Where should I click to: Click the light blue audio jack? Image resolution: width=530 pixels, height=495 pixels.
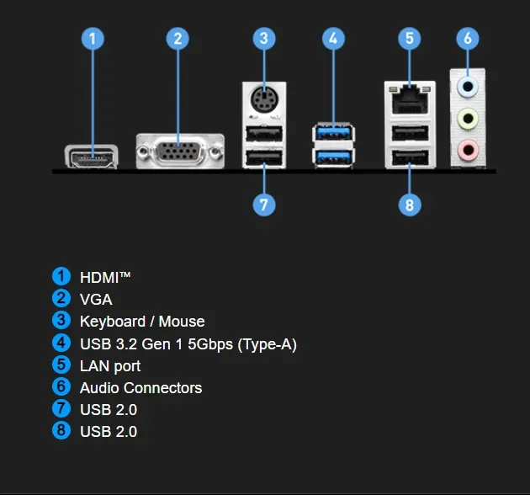[x=467, y=85]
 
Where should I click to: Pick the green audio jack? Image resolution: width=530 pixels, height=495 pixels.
[x=467, y=119]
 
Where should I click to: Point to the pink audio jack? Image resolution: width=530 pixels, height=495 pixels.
[x=467, y=151]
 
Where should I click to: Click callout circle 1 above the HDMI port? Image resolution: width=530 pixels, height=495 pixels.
[x=93, y=39]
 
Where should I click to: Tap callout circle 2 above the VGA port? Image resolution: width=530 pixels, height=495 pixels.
[x=177, y=39]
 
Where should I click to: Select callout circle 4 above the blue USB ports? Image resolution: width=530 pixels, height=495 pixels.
[x=334, y=39]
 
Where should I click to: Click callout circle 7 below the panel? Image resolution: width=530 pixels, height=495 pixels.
[x=263, y=204]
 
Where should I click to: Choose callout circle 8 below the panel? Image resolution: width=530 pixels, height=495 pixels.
[x=410, y=204]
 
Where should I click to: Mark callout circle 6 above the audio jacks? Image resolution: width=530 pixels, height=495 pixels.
[x=468, y=39]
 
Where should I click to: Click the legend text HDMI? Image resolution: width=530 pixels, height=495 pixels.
[x=105, y=276]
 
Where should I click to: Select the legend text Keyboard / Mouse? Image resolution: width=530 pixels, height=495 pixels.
[x=141, y=321]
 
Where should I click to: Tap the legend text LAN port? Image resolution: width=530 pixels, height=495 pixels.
[x=110, y=365]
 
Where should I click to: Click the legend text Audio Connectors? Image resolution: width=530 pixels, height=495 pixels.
[x=140, y=387]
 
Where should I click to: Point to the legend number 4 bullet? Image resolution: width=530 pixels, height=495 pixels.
[x=61, y=343]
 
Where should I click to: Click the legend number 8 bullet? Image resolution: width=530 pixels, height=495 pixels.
[x=61, y=431]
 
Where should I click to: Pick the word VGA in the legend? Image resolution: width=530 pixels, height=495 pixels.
[x=96, y=299]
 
